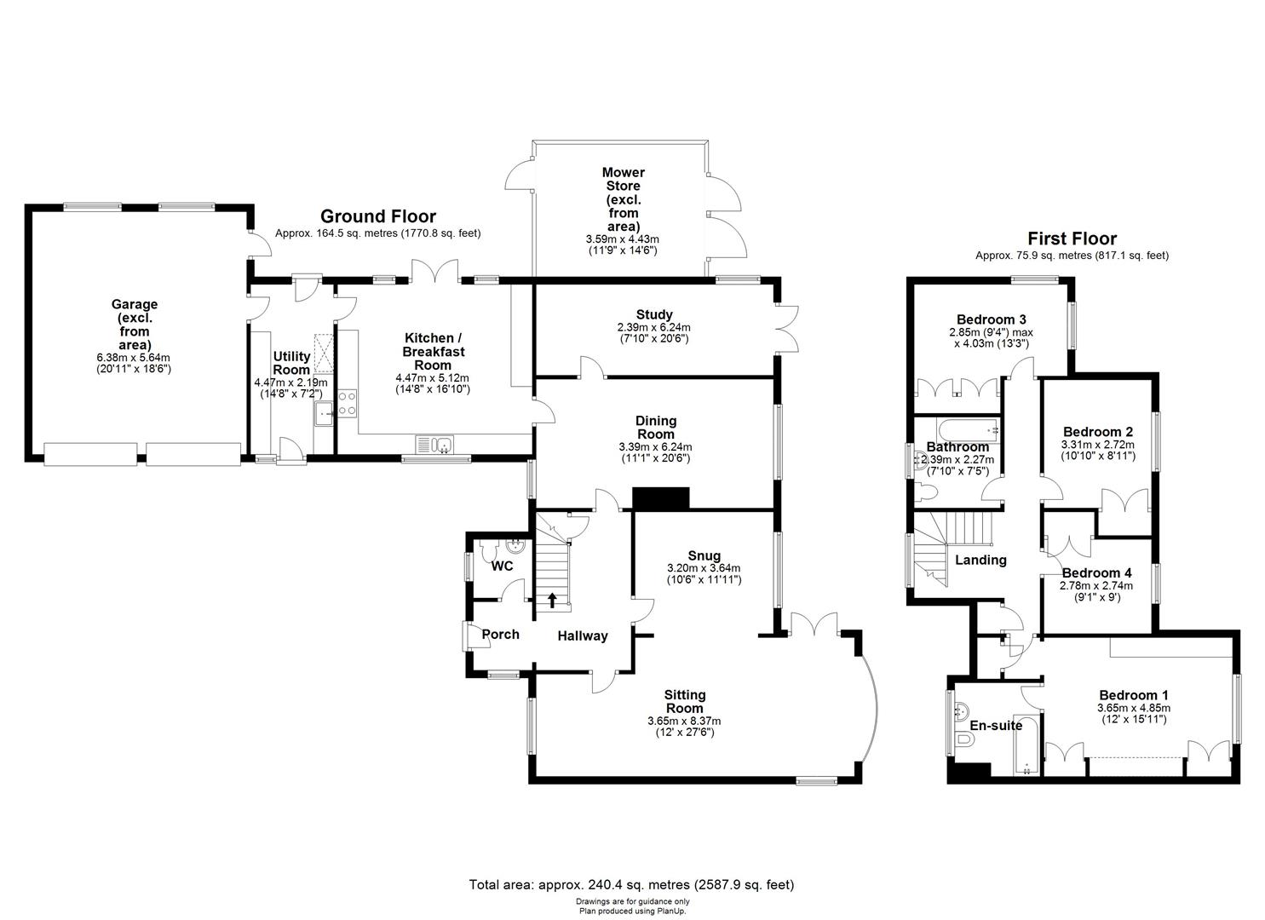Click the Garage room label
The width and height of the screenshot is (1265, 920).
[135, 304]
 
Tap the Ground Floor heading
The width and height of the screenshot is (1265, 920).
[377, 216]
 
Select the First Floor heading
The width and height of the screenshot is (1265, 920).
[1072, 239]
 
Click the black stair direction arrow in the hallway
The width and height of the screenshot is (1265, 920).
[552, 601]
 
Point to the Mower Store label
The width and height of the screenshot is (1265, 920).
[624, 179]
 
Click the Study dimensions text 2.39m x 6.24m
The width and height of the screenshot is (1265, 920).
[653, 327]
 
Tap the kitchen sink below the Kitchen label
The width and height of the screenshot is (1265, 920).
[435, 444]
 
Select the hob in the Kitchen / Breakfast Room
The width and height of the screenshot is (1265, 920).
[348, 403]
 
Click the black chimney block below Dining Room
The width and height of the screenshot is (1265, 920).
[660, 498]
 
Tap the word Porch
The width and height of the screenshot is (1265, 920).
[500, 634]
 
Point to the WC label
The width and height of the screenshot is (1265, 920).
[503, 566]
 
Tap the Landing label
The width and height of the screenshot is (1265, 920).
[980, 560]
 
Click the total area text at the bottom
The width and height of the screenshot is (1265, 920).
[631, 885]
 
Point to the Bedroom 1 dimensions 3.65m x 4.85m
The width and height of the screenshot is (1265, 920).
[1134, 707]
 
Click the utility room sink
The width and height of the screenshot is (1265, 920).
[324, 415]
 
